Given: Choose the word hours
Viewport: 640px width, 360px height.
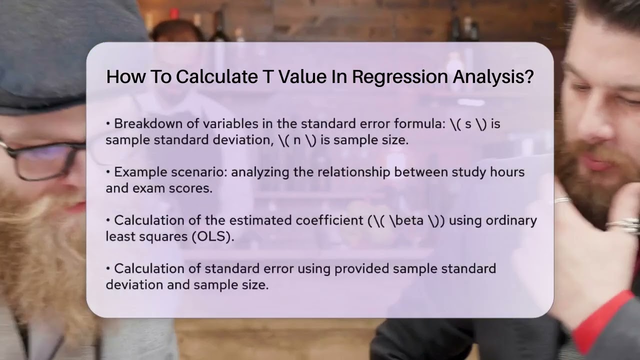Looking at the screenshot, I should click(x=505, y=172).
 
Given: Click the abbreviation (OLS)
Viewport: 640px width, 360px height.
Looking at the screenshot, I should click(x=212, y=236).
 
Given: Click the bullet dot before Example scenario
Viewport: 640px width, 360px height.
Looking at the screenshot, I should click(x=108, y=172).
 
